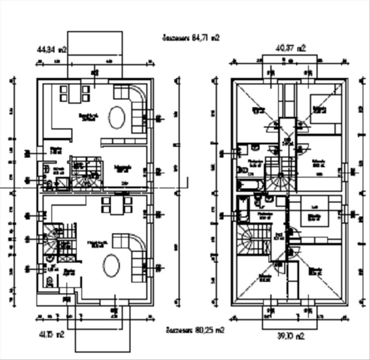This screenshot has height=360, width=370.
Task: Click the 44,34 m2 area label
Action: click(52, 50)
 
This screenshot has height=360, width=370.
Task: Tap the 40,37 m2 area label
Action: click(290, 48)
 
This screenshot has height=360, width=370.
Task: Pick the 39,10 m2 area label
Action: click(290, 336)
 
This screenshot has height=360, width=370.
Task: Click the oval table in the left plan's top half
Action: click(117, 117)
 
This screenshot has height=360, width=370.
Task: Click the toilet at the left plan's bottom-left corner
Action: click(50, 282)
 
